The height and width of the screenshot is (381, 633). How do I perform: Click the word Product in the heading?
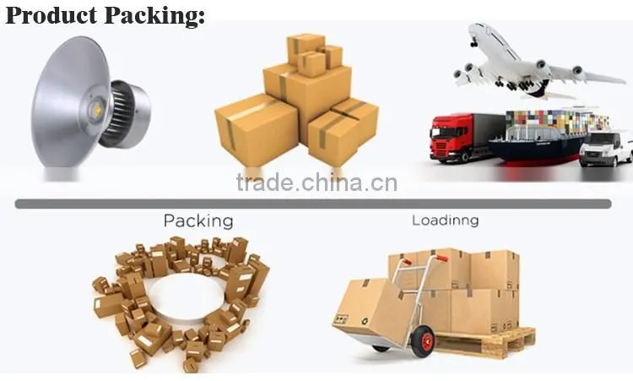[x=51, y=15]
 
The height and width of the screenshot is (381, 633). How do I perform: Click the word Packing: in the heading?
[x=155, y=16]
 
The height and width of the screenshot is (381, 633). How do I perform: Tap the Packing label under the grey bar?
[x=198, y=221]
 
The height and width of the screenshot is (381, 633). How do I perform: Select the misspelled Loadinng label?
[x=446, y=220]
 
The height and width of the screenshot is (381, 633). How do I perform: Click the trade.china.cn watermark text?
[x=316, y=182]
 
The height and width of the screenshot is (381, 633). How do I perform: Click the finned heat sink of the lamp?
[x=121, y=112]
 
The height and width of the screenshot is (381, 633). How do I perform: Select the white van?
[x=605, y=149]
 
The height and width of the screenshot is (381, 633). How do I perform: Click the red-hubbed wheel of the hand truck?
[x=424, y=342]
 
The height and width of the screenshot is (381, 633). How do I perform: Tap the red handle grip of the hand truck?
[x=441, y=258]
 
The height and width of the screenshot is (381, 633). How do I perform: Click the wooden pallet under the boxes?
[x=484, y=343]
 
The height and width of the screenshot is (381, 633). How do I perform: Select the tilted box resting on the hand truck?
[x=373, y=309]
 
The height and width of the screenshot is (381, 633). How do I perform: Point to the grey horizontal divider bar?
[x=313, y=204]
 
